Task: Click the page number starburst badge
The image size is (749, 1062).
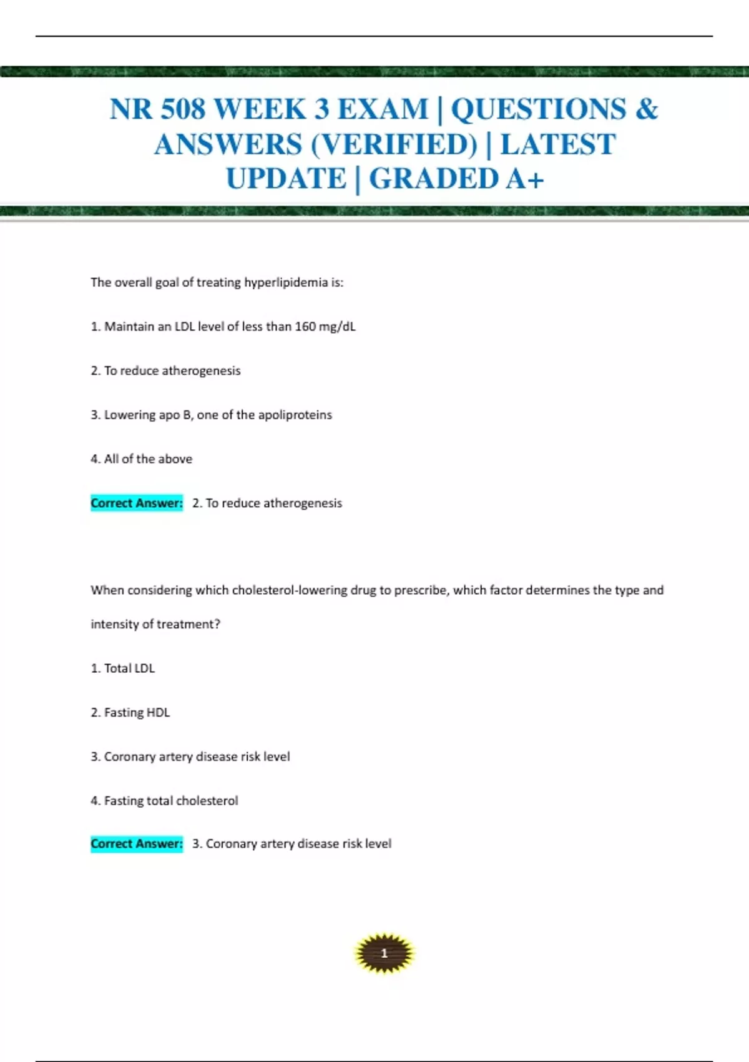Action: (x=384, y=953)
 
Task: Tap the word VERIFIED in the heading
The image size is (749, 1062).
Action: (x=394, y=144)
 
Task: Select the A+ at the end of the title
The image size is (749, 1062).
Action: (x=525, y=179)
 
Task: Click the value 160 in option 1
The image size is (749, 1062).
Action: (x=305, y=327)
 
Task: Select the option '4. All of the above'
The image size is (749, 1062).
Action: (x=142, y=459)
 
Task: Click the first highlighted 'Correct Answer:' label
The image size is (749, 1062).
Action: (x=137, y=504)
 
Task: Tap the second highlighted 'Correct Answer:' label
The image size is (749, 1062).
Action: (x=137, y=844)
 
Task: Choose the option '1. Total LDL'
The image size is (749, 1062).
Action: (x=123, y=668)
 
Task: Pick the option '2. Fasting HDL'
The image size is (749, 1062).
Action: (x=130, y=713)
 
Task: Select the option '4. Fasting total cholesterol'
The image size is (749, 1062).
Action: (x=165, y=801)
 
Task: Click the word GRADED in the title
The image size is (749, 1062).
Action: (x=433, y=179)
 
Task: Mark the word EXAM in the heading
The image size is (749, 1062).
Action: (x=383, y=109)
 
